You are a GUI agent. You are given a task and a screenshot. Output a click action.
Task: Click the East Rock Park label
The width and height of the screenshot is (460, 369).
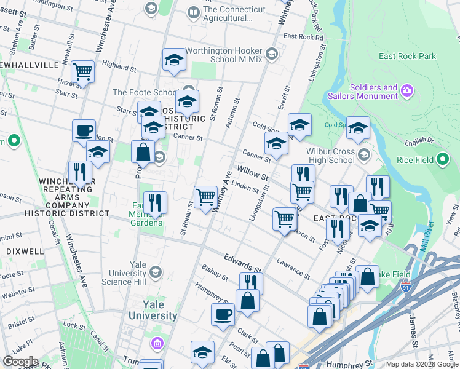pos(408,57)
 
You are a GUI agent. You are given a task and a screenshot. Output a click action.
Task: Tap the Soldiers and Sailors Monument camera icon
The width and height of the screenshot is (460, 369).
pos(406,92)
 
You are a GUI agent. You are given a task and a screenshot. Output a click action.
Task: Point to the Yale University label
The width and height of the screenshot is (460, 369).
pos(152,310)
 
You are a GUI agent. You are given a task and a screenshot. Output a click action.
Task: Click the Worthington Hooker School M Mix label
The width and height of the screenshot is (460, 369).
pos(224,54)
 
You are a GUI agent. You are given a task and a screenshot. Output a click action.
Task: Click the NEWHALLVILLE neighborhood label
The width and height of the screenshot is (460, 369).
pos(30,65)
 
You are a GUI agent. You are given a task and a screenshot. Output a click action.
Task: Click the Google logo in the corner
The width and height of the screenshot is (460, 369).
pos(20,361)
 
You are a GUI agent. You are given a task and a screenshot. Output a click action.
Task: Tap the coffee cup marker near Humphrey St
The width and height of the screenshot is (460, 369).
pos(223,314)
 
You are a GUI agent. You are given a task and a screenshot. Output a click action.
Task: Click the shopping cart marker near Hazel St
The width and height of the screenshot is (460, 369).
pos(82,71)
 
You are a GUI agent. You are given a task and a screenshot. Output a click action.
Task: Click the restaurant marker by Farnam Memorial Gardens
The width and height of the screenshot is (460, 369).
pos(155,202)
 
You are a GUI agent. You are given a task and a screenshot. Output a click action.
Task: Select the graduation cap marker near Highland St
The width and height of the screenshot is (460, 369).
pos(174,59)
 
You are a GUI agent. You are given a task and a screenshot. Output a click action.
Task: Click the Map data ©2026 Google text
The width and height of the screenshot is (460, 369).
pos(421,364)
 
